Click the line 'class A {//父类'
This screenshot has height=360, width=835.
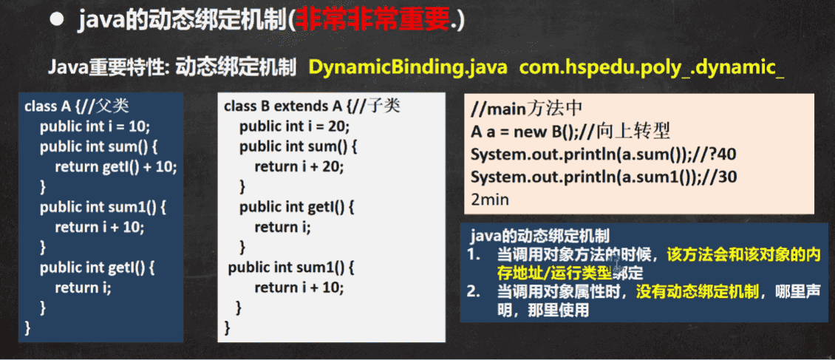[77, 106]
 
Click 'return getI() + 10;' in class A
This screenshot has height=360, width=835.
[115, 167]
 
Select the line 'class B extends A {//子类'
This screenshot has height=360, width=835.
[312, 106]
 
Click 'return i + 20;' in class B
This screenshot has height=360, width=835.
[299, 166]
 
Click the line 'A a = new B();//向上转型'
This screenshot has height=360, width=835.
[571, 132]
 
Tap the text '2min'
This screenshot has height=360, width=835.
[490, 200]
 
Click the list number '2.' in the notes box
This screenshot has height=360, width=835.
[474, 292]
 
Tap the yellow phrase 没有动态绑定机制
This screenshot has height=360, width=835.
[698, 292]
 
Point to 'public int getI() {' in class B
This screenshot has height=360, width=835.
[297, 207]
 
